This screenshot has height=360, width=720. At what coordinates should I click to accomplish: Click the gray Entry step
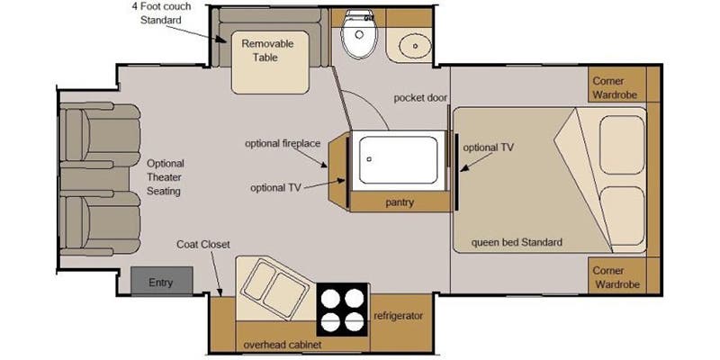point(161,280)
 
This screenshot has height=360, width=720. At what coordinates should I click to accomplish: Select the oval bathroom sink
point(415,46)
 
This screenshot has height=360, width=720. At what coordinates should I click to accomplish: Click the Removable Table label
point(267,50)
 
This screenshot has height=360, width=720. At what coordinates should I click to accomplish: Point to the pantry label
point(400,202)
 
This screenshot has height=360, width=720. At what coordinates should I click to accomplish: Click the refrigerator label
point(398,316)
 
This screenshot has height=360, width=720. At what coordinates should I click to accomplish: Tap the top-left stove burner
point(330,299)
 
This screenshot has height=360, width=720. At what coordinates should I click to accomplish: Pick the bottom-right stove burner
point(354,321)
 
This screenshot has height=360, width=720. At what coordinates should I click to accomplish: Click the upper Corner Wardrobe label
point(615,87)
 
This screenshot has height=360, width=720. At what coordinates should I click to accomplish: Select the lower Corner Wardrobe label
point(616,277)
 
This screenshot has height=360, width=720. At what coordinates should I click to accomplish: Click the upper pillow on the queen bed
point(622,145)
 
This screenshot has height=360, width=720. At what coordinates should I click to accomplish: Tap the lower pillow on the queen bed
point(622,216)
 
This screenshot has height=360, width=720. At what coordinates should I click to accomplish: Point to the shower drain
point(369,159)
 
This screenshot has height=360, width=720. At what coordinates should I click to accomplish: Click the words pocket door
point(420,98)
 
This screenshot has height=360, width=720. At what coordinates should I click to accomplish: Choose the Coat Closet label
point(203,245)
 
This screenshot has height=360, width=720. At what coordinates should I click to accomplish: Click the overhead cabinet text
point(283,345)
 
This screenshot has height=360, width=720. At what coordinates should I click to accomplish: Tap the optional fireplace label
point(283,143)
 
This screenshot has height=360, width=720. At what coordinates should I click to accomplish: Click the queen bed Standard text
point(517,242)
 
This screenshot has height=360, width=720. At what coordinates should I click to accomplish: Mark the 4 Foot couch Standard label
point(161,13)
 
